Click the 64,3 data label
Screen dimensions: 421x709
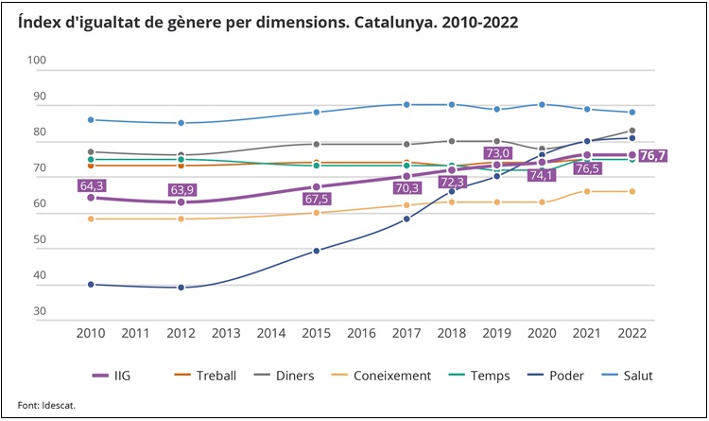pos(91,185)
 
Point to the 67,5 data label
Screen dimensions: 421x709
pos(317,200)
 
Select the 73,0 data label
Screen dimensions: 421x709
pos(496,153)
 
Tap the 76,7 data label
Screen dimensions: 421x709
pos(654,156)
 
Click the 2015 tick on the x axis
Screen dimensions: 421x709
pos(317,333)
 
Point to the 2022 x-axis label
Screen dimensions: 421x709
pos(631,333)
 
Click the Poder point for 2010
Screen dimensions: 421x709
pos(91,285)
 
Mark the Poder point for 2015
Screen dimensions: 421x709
pos(317,251)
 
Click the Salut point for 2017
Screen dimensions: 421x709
pos(406,105)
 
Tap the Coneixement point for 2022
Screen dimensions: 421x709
pos(631,191)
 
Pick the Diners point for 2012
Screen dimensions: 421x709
pos(181,155)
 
